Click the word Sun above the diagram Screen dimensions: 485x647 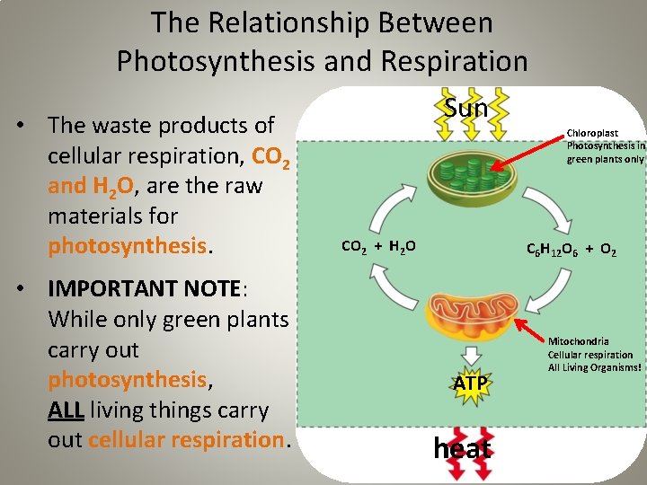[466, 109]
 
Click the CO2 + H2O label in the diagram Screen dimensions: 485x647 [377, 245]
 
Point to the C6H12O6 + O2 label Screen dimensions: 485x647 [571, 251]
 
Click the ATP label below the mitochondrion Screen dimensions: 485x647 [470, 384]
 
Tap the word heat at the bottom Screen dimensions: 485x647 [462, 447]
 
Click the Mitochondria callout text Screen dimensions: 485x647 [595, 354]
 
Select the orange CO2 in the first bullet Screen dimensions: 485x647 [271, 157]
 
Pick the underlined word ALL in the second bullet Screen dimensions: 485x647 [66, 410]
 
